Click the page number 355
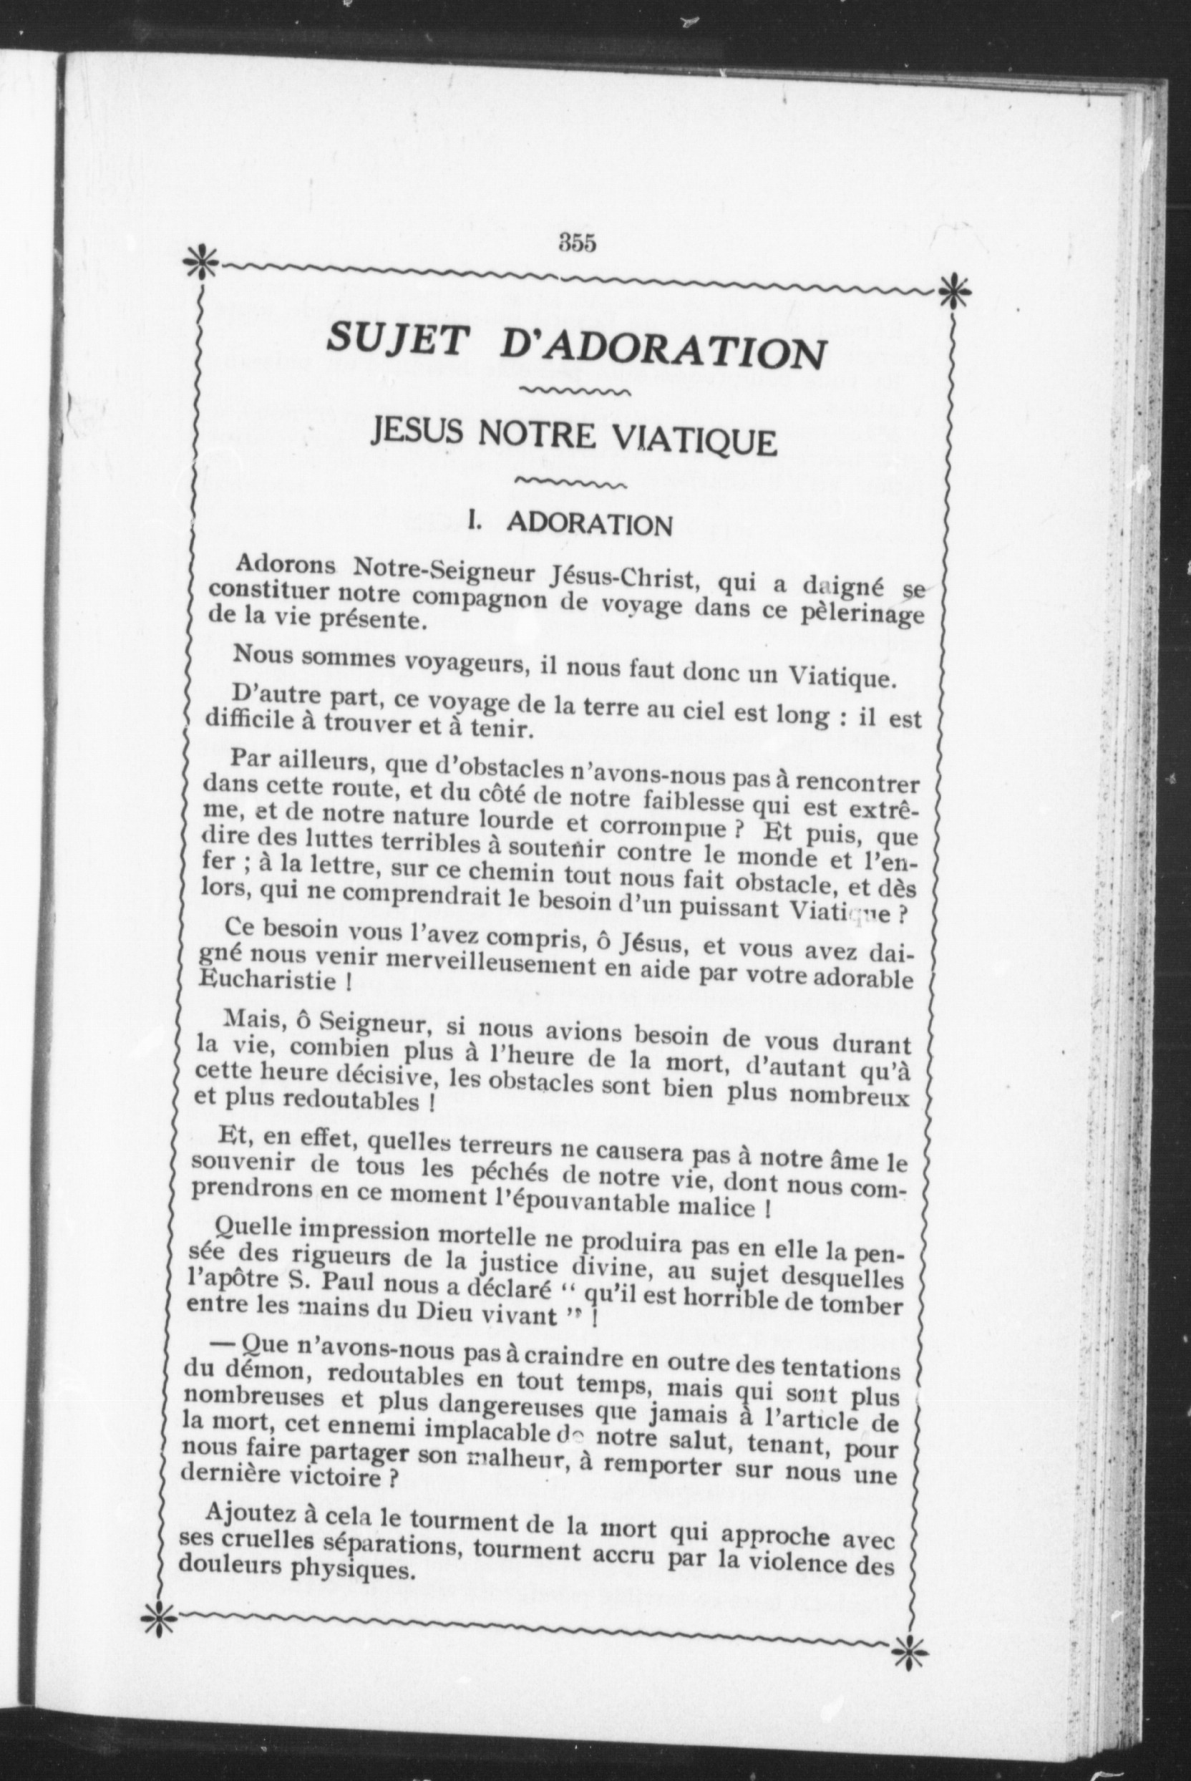click(x=578, y=243)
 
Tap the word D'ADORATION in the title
click(x=662, y=350)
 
